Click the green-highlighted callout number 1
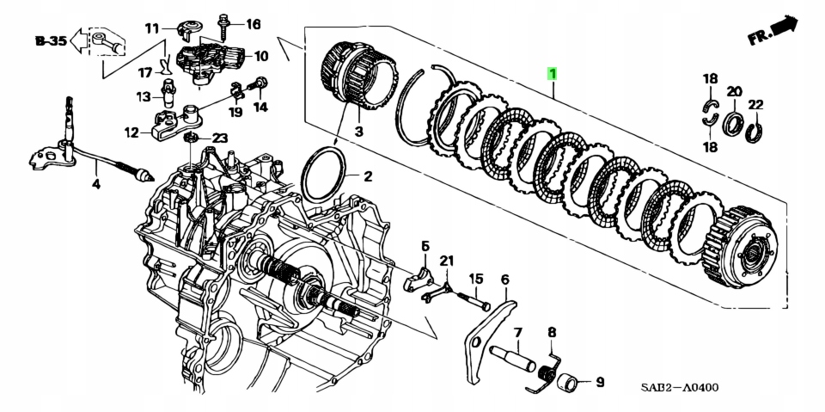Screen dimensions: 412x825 553,75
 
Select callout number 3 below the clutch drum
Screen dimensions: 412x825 359,132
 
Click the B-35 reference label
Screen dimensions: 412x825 50,40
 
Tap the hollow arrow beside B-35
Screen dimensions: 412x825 78,40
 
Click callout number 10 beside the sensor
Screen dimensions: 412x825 260,57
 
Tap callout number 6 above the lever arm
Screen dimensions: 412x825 504,279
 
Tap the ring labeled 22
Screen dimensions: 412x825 755,130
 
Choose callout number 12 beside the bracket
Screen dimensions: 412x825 131,132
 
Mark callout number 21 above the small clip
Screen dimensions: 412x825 446,261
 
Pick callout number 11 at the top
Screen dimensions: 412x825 152,28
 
